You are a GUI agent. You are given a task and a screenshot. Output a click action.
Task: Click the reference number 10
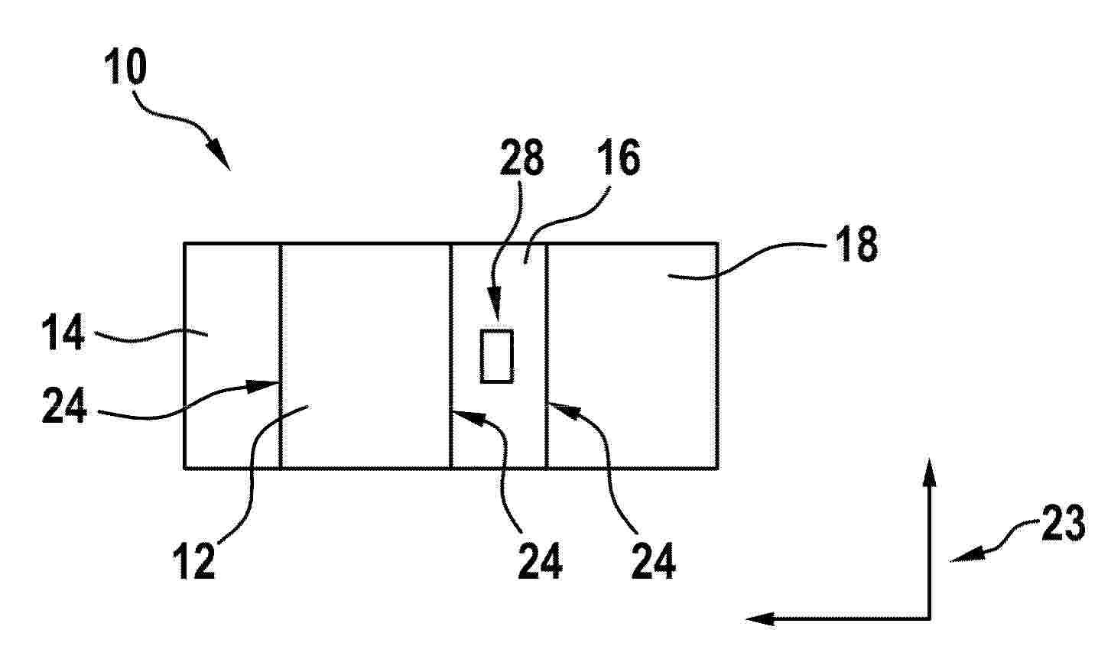125,67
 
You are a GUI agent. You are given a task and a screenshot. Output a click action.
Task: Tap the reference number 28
521,157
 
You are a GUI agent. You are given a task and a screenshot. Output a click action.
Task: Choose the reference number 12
194,561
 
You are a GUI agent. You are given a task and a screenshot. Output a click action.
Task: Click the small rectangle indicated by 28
496,356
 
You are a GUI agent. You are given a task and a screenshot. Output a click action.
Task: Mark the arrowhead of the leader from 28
496,310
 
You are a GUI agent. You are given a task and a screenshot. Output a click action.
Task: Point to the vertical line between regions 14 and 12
281,355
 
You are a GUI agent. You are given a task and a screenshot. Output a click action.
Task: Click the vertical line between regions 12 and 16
450,355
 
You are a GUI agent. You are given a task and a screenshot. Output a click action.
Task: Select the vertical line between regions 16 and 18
547,355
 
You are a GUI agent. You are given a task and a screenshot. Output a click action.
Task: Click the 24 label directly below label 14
64,405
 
